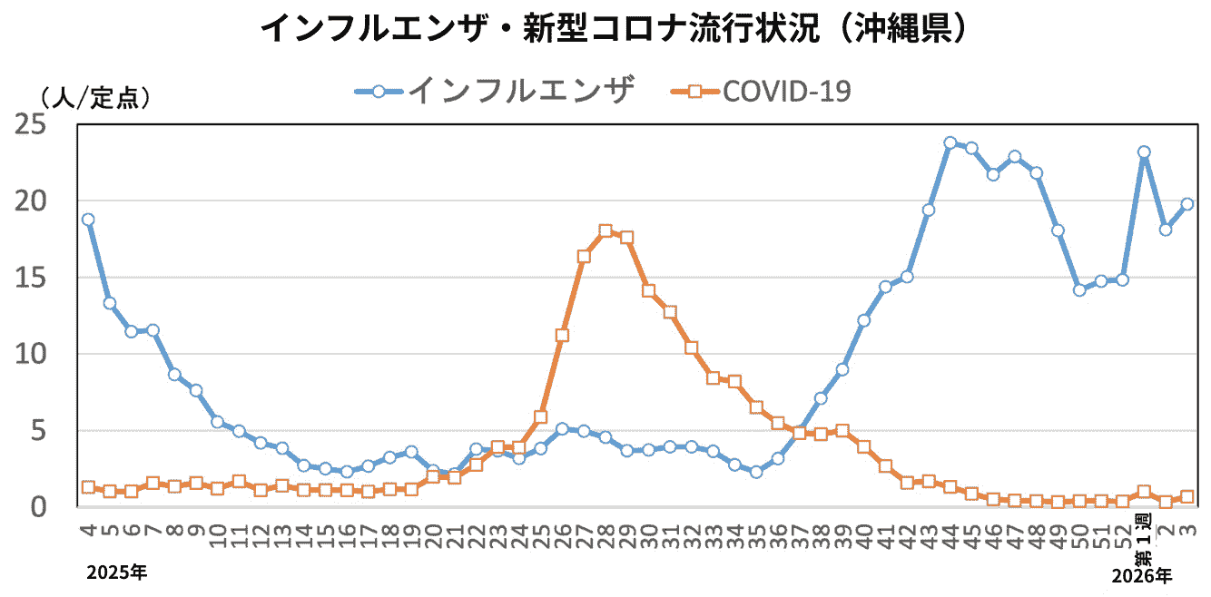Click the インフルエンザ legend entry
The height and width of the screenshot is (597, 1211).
point(495,91)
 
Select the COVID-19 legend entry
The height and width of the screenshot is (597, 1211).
point(761,91)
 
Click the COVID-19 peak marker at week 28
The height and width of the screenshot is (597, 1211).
point(605,231)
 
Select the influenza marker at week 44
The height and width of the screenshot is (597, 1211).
point(950,142)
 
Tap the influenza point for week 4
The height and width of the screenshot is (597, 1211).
point(88,220)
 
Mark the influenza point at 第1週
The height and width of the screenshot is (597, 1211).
point(1144,152)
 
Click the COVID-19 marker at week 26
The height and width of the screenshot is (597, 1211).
point(562,335)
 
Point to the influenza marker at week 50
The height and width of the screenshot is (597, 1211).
point(1079,290)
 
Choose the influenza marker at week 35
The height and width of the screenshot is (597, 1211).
point(756,472)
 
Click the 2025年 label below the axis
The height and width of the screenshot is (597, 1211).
point(116,573)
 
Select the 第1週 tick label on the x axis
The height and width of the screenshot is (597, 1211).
point(1144,534)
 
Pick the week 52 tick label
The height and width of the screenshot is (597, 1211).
point(1123,535)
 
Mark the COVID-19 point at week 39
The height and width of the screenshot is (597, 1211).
point(842,431)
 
